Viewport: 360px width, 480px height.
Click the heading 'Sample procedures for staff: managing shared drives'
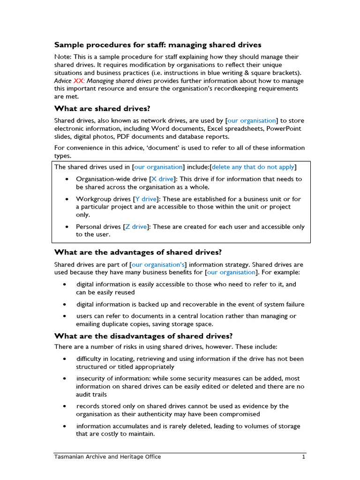click(157, 45)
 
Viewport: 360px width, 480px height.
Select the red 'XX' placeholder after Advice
click(79, 81)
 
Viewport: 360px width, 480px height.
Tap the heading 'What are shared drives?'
click(102, 108)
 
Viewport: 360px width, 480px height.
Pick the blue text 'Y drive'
click(146, 199)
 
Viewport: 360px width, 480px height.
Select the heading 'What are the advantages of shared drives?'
click(138, 252)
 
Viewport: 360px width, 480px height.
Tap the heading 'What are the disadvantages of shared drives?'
click(143, 336)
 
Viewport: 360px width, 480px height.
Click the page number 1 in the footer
click(304, 457)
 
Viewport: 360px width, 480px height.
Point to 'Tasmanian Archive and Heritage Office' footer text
click(107, 457)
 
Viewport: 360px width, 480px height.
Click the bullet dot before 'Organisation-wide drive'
click(67, 179)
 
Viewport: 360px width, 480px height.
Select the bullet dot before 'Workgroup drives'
click(67, 199)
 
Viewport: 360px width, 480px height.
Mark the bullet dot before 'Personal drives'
click(67, 226)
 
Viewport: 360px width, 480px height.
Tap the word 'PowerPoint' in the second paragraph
click(284, 128)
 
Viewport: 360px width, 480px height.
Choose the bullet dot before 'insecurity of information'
click(65, 378)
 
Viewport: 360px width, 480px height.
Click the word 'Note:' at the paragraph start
click(63, 57)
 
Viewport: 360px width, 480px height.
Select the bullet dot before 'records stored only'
click(65, 406)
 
